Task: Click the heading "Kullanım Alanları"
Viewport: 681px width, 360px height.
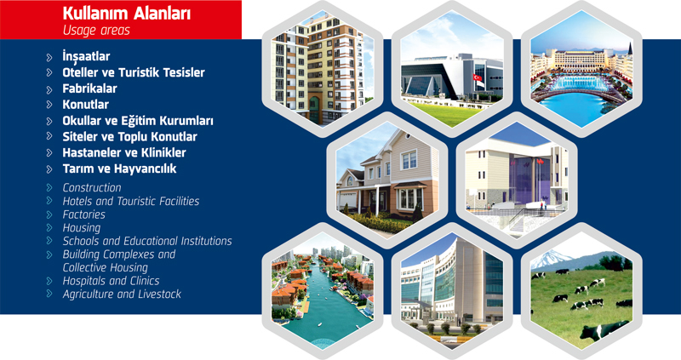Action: tap(126, 14)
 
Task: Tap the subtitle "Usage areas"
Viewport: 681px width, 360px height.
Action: tap(96, 31)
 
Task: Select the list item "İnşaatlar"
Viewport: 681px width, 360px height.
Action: tap(86, 56)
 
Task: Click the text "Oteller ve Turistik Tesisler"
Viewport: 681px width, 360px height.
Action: tap(134, 72)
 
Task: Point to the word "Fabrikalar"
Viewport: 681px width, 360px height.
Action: tap(89, 89)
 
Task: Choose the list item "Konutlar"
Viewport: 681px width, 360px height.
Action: tap(85, 104)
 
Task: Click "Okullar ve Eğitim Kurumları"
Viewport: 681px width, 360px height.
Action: tap(138, 120)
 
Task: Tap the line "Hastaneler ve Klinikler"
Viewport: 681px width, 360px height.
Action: tap(123, 152)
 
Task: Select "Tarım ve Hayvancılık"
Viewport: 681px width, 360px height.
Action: tap(119, 169)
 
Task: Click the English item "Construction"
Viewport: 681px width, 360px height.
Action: tap(92, 187)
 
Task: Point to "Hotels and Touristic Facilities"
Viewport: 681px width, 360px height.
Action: tap(131, 201)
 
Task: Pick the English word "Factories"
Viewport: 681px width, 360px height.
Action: tap(83, 214)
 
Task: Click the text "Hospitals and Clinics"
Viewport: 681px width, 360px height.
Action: tap(111, 281)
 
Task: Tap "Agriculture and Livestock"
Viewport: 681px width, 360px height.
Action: tap(122, 294)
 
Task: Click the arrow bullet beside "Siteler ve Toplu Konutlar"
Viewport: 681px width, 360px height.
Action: tap(49, 136)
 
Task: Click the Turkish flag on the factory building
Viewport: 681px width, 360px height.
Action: tap(478, 77)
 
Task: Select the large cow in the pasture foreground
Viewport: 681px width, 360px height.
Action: tap(604, 330)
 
